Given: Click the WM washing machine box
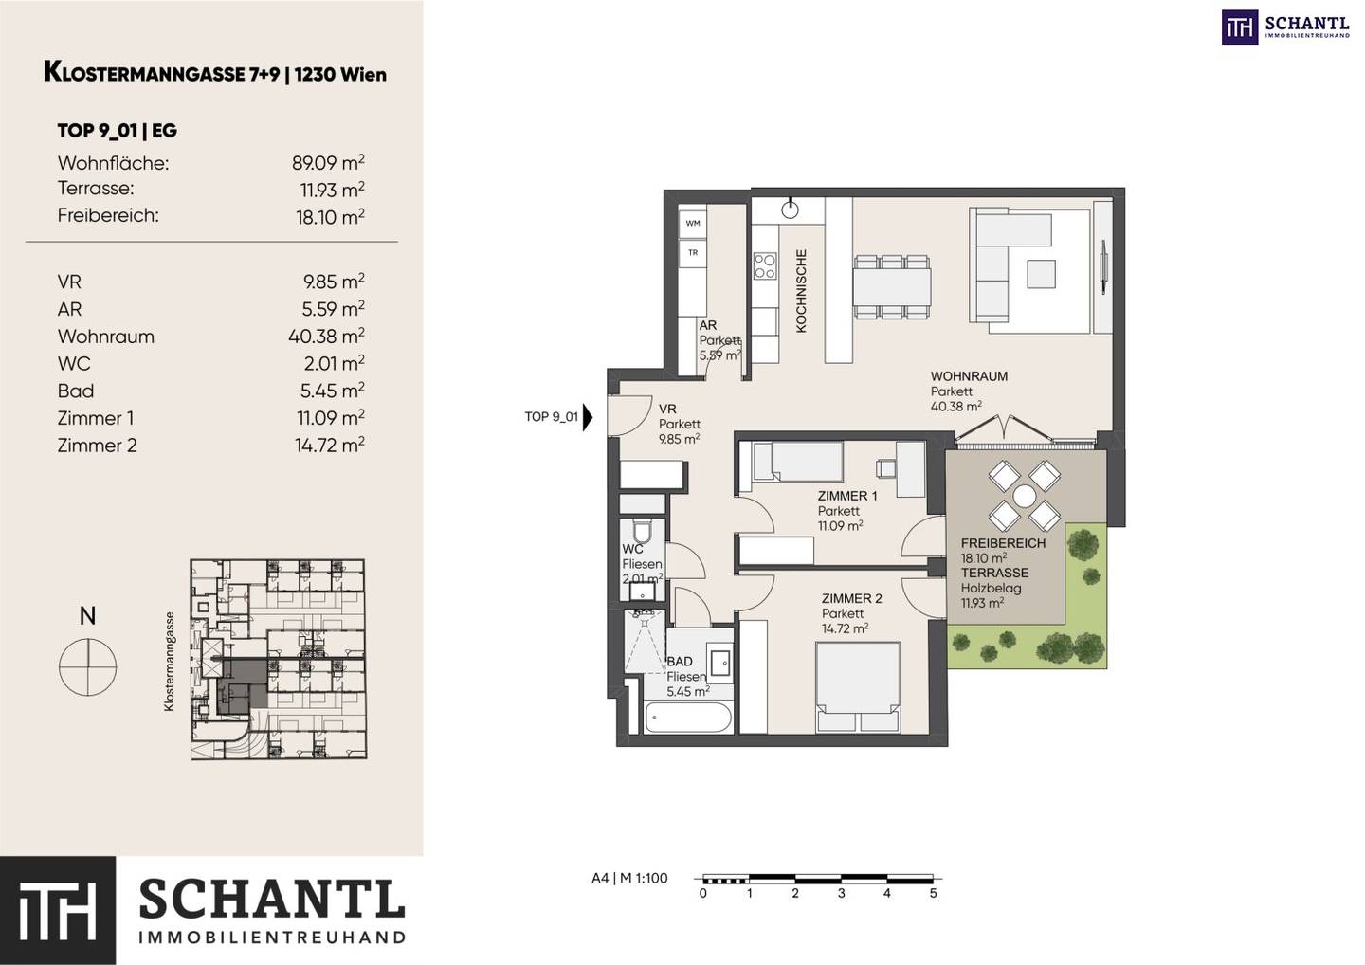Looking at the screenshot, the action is pos(693,224).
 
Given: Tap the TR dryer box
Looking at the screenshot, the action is pos(693,253).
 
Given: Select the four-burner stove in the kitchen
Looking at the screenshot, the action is pos(765,266).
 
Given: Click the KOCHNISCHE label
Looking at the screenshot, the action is pos(801,291).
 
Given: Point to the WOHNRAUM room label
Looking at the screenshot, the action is pos(969,376).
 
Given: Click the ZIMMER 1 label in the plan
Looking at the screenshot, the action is pos(847,496).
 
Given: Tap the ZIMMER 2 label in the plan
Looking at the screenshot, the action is pos(851,599).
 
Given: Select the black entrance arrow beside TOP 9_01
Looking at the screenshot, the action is pos(588,417).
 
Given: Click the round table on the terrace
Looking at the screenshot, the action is pos(1025,496).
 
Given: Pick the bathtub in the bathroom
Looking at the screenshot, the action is pos(688,719).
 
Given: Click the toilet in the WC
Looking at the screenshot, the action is pos(642,531).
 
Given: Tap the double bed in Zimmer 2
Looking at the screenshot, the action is pos(858,688).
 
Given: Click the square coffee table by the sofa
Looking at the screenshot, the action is pos(1041,274).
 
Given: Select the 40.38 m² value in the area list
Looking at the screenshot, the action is pos(327,336).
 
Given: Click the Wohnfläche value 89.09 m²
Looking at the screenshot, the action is pos(328,163).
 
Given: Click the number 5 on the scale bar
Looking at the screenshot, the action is pos(933,893).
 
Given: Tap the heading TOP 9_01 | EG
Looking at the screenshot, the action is pos(117,131).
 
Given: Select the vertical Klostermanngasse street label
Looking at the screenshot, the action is pos(169,661).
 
